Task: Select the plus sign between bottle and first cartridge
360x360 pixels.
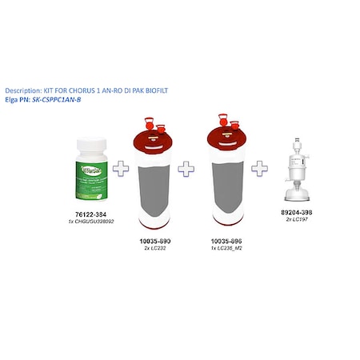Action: tap(122, 170)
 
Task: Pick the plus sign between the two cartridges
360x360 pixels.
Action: tap(186, 170)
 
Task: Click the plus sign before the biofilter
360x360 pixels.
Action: tap(259, 170)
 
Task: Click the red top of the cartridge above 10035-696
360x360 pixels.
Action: tap(221, 138)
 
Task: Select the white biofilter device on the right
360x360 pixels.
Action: tap(296, 172)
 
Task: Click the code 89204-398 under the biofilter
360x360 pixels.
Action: tap(296, 213)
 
